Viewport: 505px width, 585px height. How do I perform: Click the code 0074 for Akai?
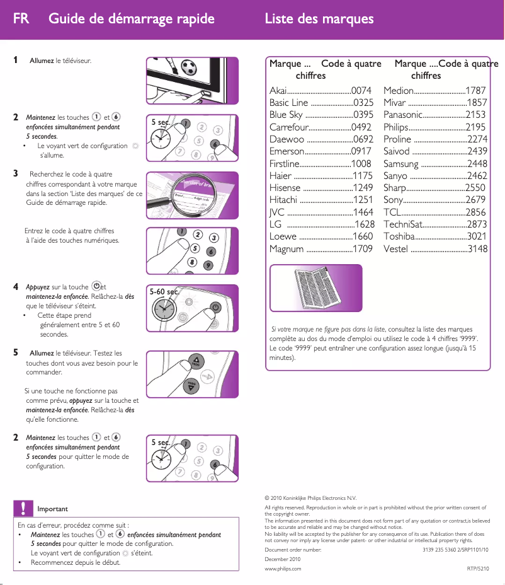(x=361, y=91)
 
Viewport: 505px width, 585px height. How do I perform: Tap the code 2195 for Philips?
(x=475, y=127)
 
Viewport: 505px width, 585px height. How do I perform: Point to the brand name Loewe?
(x=283, y=237)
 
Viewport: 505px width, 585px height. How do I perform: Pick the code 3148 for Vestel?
(x=477, y=249)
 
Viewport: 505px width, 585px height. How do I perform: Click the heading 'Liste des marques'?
(x=319, y=18)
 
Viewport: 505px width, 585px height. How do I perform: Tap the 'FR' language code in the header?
(x=21, y=18)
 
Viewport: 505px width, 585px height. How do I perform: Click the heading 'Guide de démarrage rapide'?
(x=132, y=18)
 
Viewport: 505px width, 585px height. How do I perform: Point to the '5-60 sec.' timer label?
(x=164, y=292)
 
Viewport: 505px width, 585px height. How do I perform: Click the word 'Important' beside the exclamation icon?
(x=53, y=509)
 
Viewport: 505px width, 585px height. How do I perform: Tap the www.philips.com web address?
(x=283, y=569)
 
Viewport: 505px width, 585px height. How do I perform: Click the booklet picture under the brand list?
(x=316, y=287)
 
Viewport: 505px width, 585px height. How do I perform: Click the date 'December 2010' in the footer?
(x=282, y=559)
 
